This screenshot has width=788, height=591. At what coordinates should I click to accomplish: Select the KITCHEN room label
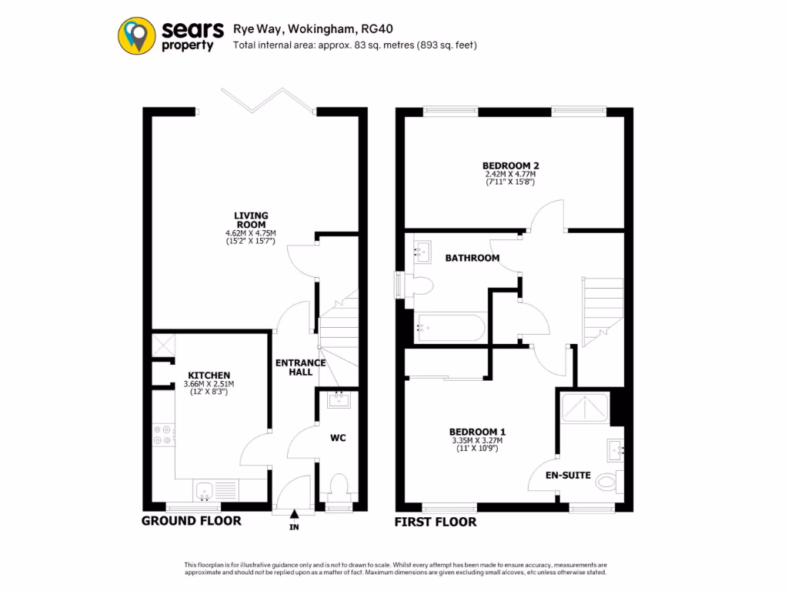coord(209,375)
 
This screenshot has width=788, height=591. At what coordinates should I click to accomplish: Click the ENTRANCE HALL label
coord(300,367)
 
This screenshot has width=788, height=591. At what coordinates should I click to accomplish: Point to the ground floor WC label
coord(338,438)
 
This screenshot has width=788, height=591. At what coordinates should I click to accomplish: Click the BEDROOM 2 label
coord(510,165)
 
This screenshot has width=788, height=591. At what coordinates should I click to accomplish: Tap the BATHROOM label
coord(472,258)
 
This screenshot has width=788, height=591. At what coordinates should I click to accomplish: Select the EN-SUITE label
coord(569,475)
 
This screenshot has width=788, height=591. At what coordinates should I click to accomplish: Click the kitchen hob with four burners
coord(163,436)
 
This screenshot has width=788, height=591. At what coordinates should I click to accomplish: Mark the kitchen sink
coord(205,489)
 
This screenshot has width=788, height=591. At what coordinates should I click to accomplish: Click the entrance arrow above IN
coord(295,515)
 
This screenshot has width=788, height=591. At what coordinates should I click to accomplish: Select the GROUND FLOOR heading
coord(192,521)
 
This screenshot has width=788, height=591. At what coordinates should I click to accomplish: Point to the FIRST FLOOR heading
coord(435,522)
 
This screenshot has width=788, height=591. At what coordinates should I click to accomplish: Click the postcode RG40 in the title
coord(376,29)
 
